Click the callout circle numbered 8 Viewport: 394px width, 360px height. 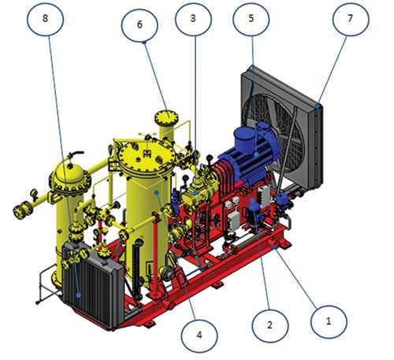46,18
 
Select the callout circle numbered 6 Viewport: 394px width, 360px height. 139,24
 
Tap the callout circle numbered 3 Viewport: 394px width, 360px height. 193,18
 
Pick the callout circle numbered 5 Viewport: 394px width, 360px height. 251,18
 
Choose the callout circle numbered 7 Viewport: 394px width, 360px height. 351,18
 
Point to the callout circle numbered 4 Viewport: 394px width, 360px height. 199,336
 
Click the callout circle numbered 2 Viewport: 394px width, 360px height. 270,325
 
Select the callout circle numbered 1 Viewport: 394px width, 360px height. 329,321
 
